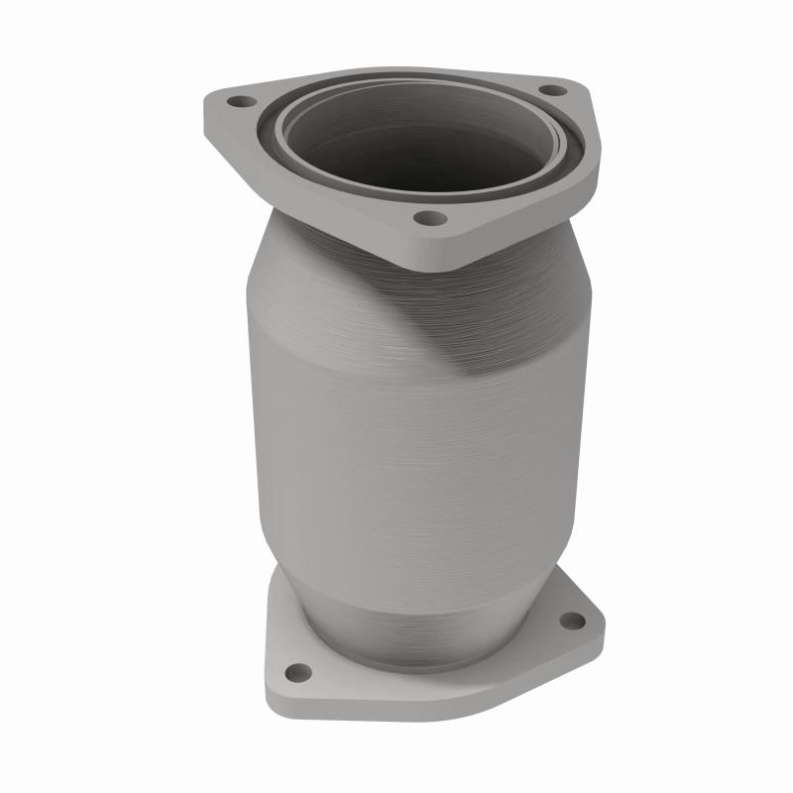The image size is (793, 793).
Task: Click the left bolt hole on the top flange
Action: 238,101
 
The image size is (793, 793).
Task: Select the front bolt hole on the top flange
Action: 425,218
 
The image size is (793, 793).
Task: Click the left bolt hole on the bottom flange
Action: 294,672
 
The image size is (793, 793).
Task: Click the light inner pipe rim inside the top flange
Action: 287,139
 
